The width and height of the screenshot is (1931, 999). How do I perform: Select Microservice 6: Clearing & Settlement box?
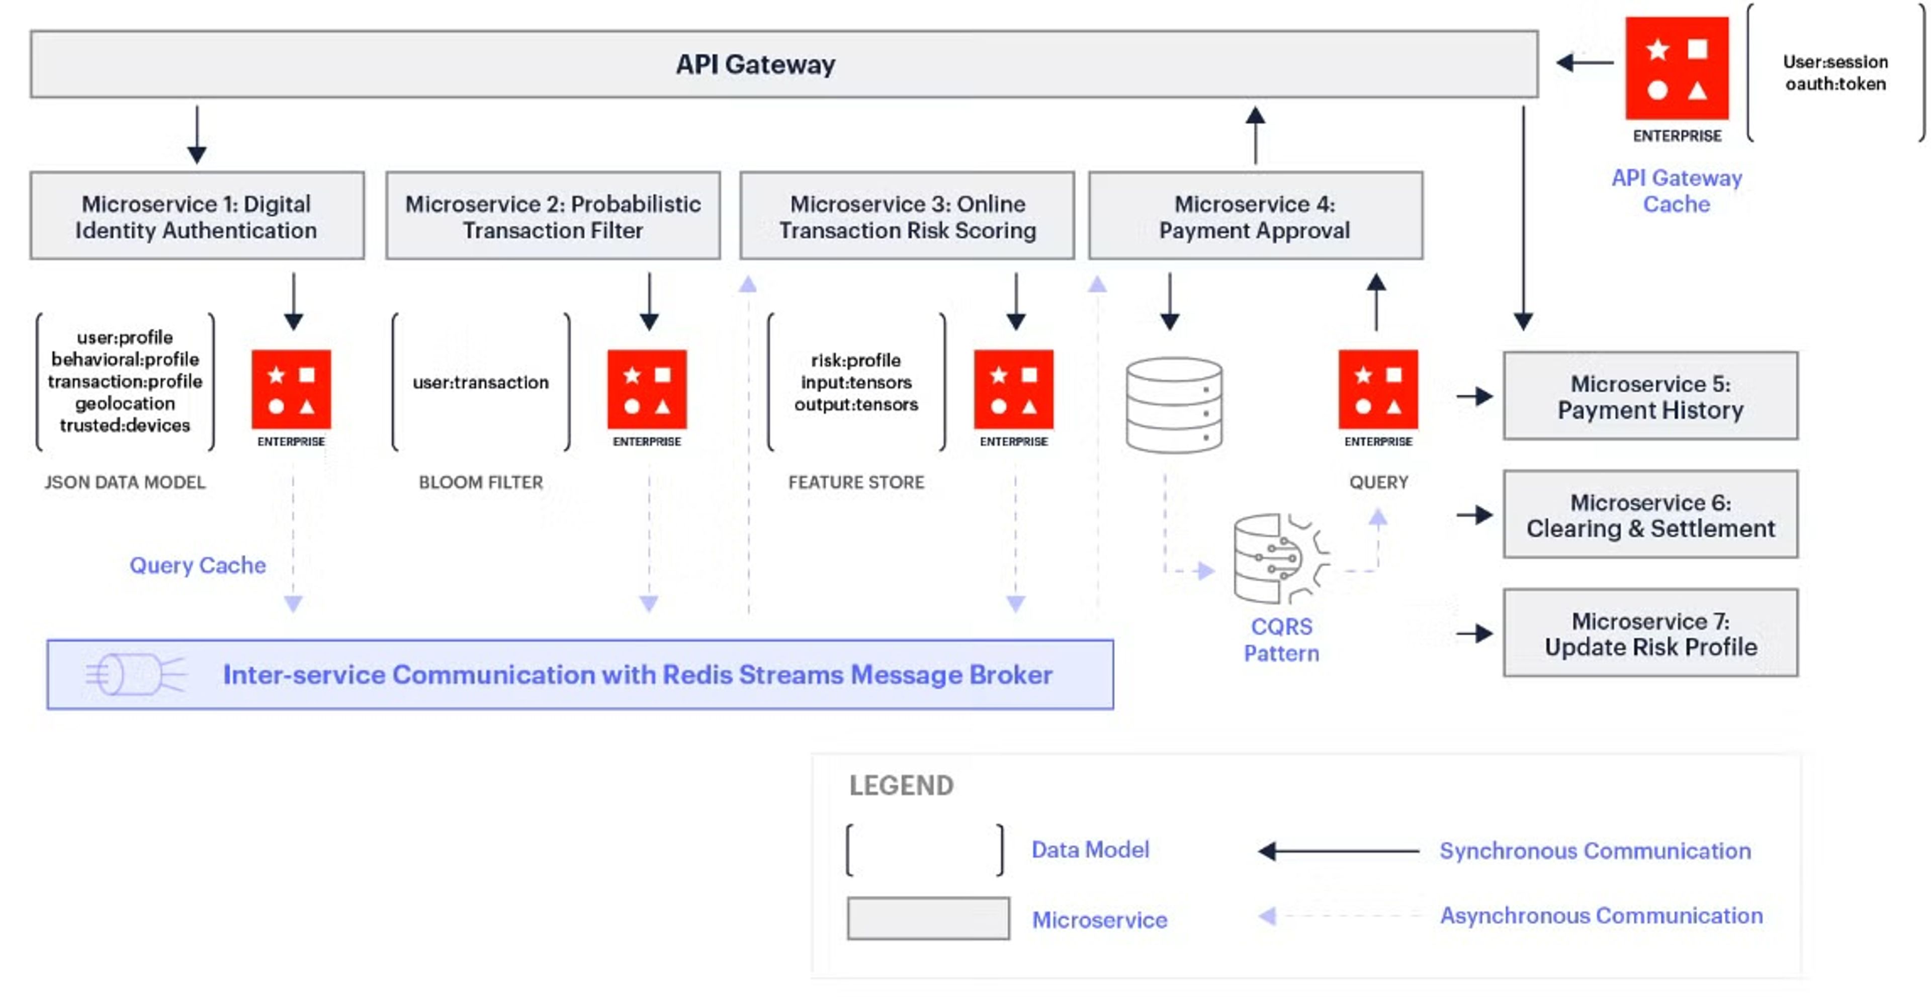1650,515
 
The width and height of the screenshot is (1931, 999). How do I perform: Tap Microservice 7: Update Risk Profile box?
1650,633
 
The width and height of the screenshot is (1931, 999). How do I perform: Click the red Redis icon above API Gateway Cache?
1677,69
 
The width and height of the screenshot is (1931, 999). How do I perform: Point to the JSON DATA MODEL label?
124,482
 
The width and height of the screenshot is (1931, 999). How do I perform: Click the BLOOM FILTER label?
481,482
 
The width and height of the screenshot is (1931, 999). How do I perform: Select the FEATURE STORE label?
856,482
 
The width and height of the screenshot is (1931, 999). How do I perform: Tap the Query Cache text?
197,565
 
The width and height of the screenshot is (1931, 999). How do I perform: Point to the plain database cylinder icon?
1174,405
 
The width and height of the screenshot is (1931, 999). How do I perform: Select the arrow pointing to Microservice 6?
1474,515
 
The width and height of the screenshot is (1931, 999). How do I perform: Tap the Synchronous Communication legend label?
1595,851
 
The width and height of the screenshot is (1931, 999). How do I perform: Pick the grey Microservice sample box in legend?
928,918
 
